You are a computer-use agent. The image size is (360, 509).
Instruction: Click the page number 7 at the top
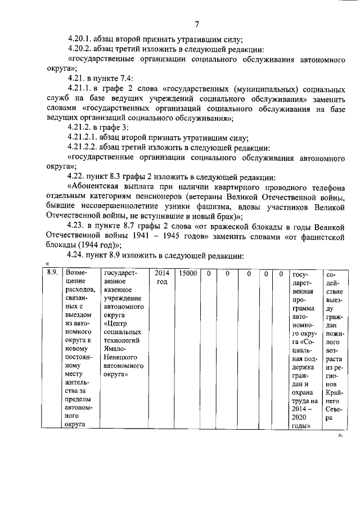[x=197, y=24]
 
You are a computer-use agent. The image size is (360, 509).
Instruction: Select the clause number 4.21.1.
[x=80, y=89]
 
